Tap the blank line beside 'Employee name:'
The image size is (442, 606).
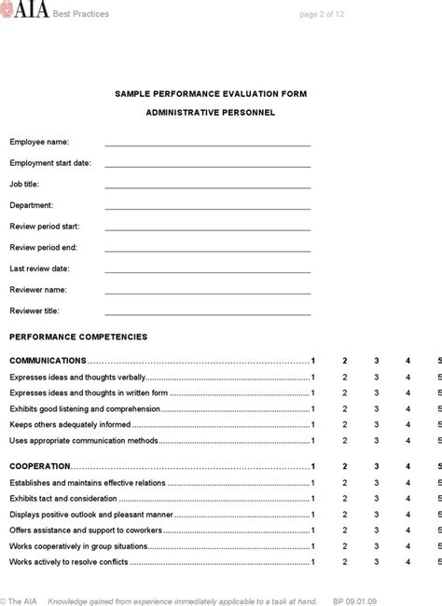pos(207,145)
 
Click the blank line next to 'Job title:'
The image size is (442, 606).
pos(207,186)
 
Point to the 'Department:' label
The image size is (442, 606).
pos(32,205)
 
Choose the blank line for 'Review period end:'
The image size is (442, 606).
pos(207,250)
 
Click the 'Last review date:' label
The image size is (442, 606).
pos(40,269)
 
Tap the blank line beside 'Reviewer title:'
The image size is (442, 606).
pos(207,313)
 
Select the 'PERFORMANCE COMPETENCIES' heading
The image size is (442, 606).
pos(78,337)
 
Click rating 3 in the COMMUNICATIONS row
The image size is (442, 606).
pos(376,360)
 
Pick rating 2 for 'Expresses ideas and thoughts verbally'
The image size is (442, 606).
pos(345,378)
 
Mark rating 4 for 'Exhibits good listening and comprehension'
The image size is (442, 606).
pos(407,408)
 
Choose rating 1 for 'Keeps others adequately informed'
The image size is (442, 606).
pos(313,424)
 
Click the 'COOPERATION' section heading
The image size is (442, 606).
pos(40,440)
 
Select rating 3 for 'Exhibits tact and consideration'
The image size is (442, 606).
pos(376,473)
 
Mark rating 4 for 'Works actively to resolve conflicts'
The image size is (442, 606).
pos(407,562)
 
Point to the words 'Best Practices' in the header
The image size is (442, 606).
pos(81,14)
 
